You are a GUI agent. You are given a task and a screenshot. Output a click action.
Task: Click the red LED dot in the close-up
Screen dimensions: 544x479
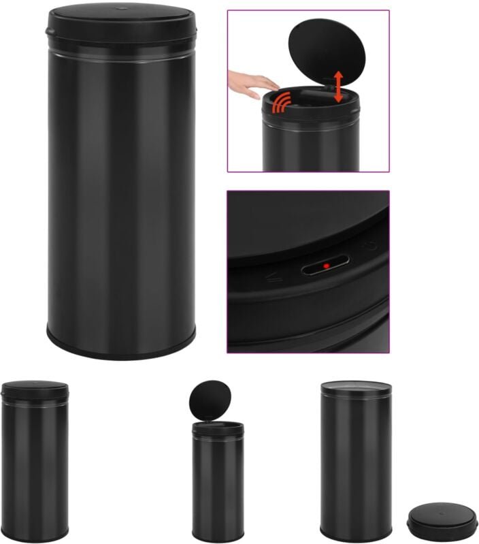click(327, 265)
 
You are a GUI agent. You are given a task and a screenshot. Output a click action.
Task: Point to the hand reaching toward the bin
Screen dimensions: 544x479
click(252, 82)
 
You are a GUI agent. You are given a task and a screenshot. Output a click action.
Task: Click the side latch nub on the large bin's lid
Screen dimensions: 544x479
click(48, 31)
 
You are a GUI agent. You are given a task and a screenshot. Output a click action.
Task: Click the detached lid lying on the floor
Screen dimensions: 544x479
click(435, 520)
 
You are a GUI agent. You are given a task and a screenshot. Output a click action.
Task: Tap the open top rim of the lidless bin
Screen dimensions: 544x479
click(355, 385)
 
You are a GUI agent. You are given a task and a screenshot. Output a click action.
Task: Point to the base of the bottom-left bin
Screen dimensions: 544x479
click(35, 535)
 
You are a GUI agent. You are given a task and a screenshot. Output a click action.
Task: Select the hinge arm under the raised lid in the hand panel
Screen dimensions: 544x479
click(325, 88)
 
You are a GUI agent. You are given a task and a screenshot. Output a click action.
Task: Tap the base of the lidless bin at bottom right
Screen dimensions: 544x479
click(355, 534)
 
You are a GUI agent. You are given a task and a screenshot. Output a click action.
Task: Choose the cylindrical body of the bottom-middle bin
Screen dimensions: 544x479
click(218, 483)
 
